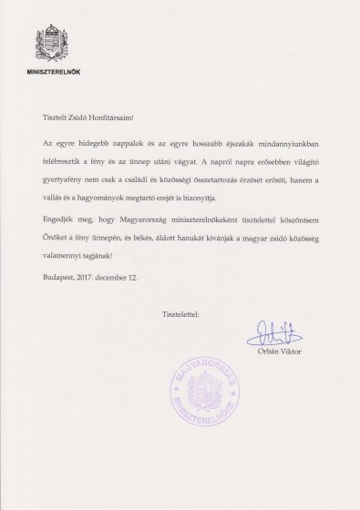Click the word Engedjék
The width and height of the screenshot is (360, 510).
click(63, 219)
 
